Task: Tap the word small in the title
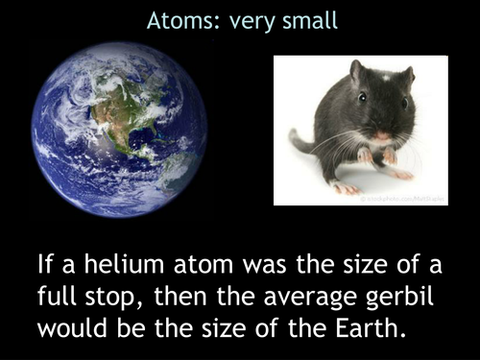click(310, 20)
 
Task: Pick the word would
click(70, 325)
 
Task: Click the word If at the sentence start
click(45, 263)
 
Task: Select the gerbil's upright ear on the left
click(356, 71)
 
